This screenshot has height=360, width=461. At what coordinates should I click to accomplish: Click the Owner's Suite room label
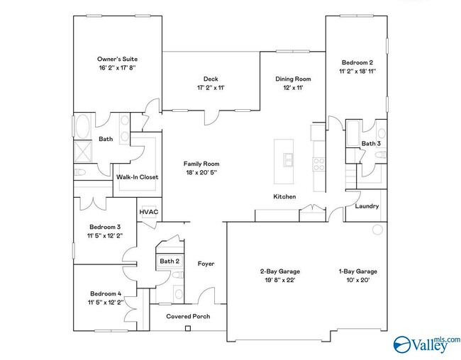(x=117, y=59)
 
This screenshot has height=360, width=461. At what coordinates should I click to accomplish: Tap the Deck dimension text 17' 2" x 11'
(x=210, y=88)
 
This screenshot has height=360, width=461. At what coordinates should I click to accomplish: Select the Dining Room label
(x=294, y=79)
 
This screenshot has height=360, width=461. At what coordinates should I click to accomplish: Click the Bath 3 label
(x=371, y=144)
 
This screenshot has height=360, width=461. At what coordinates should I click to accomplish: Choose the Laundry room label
(x=367, y=206)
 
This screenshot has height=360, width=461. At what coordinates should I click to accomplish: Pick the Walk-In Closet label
(x=137, y=176)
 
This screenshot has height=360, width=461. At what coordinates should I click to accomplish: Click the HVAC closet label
(x=148, y=212)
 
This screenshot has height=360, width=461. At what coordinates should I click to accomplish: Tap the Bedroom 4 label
(x=106, y=293)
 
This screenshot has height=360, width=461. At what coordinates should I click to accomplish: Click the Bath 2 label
(x=169, y=261)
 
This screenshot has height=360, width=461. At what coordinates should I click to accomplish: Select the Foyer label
(x=206, y=264)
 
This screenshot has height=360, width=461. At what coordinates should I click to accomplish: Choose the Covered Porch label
(x=188, y=316)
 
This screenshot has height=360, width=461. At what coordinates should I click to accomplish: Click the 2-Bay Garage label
(x=279, y=271)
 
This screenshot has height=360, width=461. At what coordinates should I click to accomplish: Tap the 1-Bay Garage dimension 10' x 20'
(x=357, y=281)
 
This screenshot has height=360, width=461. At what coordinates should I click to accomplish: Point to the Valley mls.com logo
(x=426, y=344)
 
